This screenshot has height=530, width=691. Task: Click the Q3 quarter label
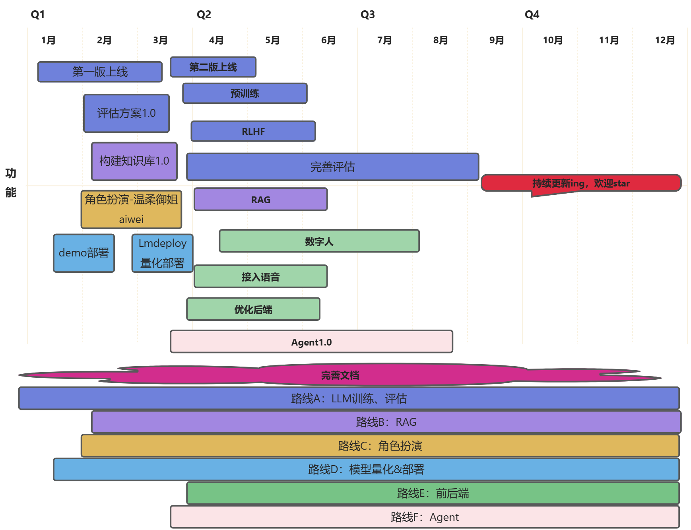coord(367,15)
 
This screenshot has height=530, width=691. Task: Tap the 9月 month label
coord(497,40)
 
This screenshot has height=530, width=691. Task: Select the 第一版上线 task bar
coord(100,72)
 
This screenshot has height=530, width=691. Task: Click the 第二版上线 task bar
coord(213,67)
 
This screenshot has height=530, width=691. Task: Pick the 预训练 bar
coord(245,93)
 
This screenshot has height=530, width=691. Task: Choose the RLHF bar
coord(253,132)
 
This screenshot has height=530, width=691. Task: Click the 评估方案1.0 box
coord(126,113)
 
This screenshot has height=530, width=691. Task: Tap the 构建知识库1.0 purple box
coord(134,161)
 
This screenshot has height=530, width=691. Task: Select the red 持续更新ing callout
coord(581,183)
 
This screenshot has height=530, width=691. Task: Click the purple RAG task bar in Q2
coord(260,200)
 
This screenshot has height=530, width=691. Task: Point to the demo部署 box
coord(84,253)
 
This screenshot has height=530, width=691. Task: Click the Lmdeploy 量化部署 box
coord(162,253)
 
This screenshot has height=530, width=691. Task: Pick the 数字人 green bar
coord(319,241)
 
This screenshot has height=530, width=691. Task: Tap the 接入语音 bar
coord(260,277)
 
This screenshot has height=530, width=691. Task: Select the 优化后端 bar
coord(253,309)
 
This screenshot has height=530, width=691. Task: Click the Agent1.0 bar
coord(311,342)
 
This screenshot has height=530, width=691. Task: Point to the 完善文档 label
coord(340,375)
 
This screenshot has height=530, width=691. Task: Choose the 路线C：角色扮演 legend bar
coord(380,446)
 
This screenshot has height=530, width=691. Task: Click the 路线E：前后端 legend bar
coord(433,493)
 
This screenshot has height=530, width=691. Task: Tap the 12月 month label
coord(665,40)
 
